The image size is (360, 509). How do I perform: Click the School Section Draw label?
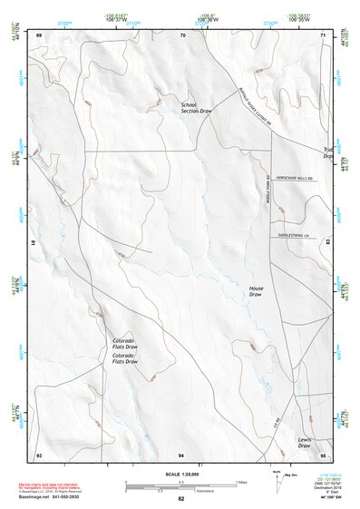click(x=196, y=108)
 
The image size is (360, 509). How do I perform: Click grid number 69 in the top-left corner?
click(x=39, y=34)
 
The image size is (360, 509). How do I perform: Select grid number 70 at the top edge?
click(x=182, y=34)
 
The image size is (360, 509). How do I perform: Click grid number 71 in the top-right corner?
click(x=324, y=34)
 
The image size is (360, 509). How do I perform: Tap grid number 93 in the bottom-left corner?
click(x=39, y=454)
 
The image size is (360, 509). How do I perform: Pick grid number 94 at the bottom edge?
click(x=181, y=454)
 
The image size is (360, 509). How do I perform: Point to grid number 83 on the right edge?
click(x=328, y=243)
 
